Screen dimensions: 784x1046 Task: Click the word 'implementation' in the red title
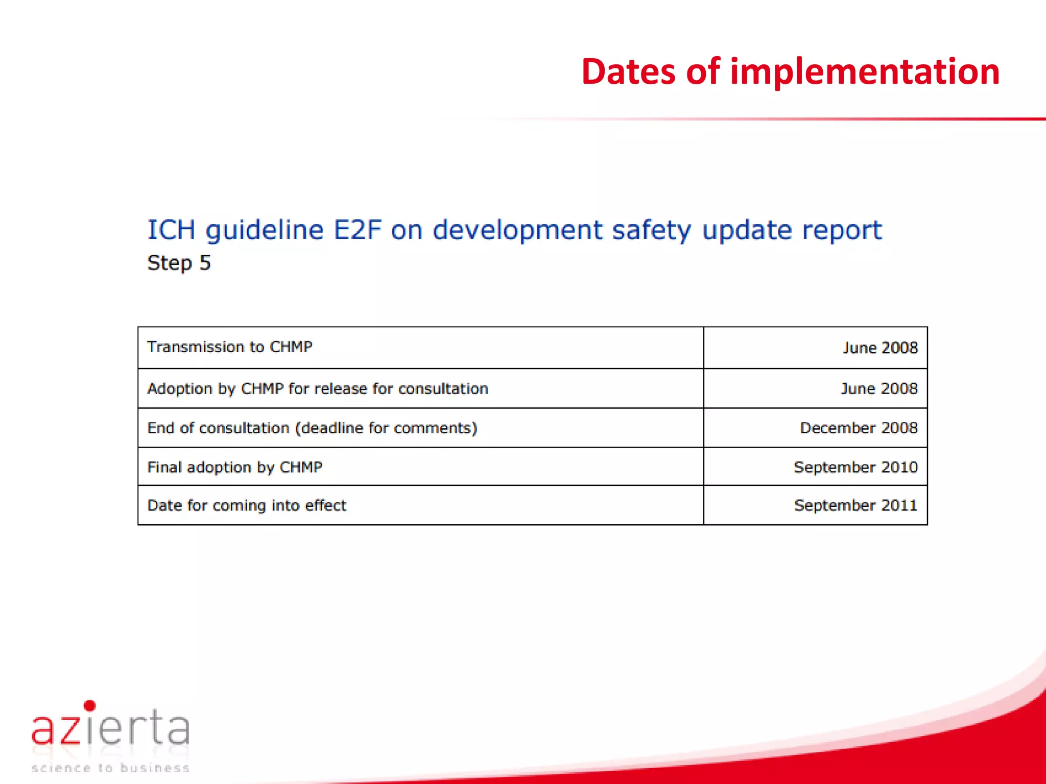click(864, 72)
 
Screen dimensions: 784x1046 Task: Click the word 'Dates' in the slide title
click(628, 72)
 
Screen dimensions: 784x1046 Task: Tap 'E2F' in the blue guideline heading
click(357, 230)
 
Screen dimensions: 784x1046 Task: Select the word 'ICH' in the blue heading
click(171, 230)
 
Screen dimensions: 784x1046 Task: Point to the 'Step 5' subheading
click(179, 263)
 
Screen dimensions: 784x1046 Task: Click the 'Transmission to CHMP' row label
click(230, 347)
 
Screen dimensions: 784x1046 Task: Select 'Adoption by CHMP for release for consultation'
click(318, 389)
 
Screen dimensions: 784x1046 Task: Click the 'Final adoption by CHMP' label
click(235, 468)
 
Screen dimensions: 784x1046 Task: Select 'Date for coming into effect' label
click(247, 506)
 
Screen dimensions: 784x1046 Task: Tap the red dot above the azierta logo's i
click(90, 706)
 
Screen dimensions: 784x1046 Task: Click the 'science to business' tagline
click(110, 768)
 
